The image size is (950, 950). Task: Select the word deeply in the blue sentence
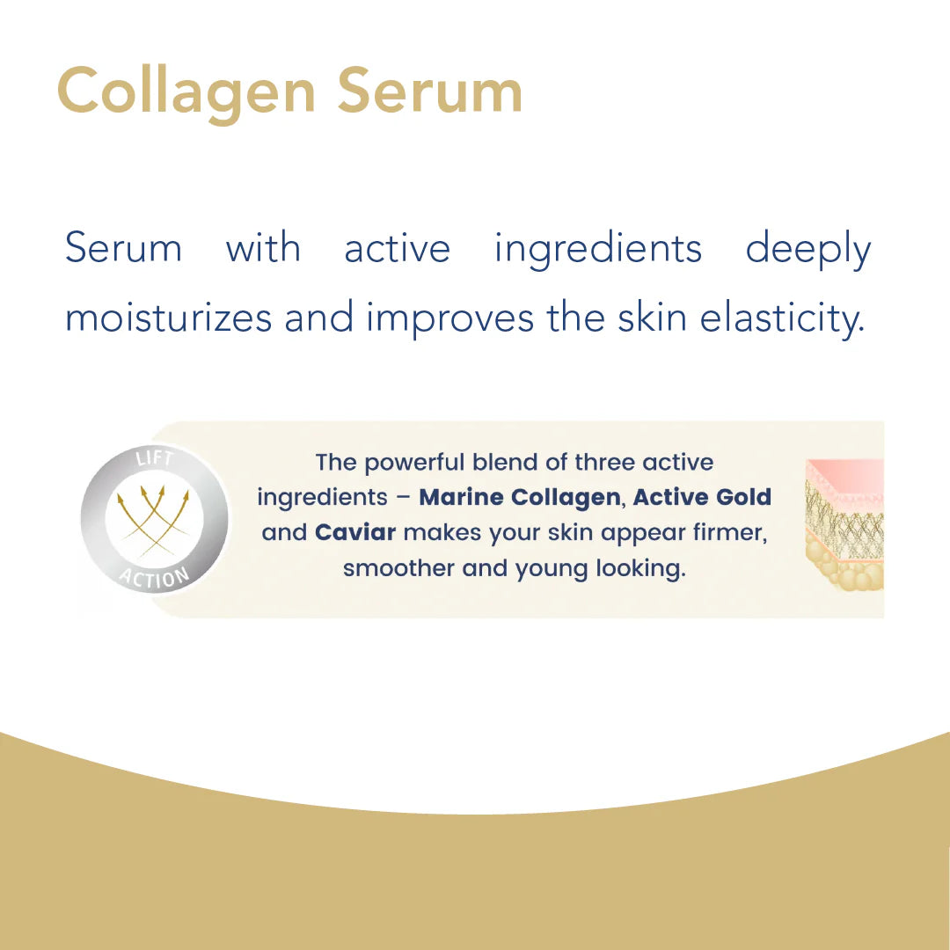point(807,250)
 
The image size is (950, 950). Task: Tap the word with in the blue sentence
point(263,248)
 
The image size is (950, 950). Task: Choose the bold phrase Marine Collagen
point(520,498)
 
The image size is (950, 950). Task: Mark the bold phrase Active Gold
point(702,498)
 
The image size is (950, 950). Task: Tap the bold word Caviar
point(355,533)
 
